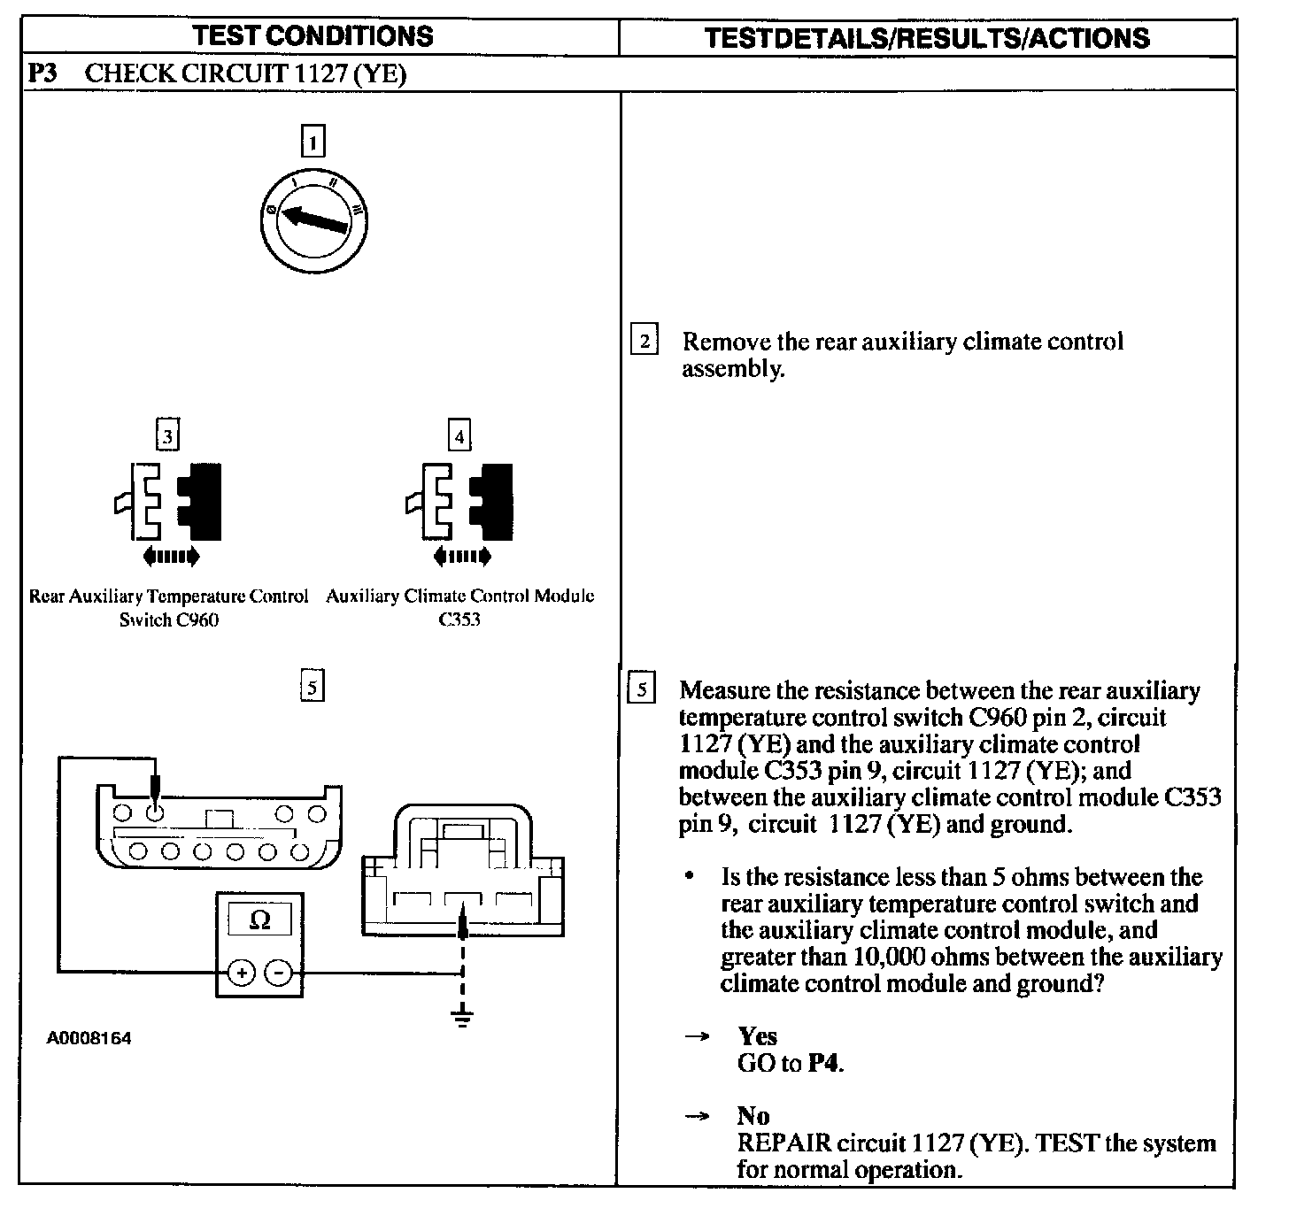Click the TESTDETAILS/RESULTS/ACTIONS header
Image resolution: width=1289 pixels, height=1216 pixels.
point(927,37)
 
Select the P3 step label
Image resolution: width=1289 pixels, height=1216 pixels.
point(42,73)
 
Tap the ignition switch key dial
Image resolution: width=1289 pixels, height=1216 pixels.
point(315,217)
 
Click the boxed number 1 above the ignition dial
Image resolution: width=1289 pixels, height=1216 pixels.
point(313,142)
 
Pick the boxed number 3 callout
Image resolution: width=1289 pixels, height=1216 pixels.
point(167,435)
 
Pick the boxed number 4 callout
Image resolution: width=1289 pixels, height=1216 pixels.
point(459,435)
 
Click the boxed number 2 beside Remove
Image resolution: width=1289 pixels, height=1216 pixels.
point(644,341)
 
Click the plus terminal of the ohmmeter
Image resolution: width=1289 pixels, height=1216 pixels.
point(242,974)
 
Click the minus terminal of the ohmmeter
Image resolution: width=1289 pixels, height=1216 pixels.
point(278,974)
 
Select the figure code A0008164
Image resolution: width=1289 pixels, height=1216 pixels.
point(89,1038)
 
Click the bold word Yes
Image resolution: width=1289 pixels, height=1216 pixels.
point(757,1036)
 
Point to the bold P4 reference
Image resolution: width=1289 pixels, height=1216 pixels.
point(825,1063)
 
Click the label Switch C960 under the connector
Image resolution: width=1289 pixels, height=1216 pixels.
point(168,620)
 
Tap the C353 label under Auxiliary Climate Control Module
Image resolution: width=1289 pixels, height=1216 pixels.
point(459,620)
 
